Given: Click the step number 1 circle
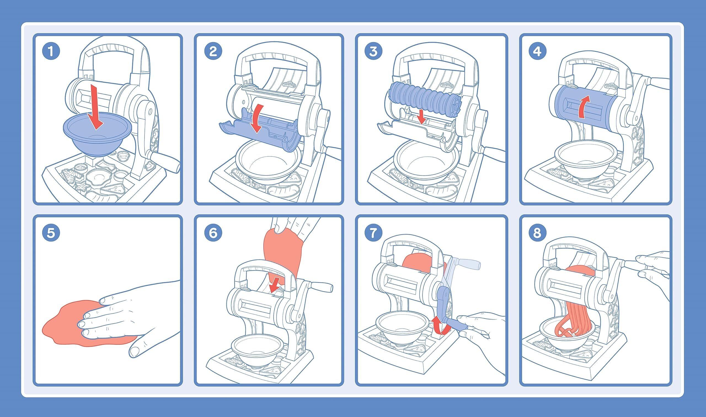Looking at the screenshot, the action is point(51,52).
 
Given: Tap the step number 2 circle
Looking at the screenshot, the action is point(213,52).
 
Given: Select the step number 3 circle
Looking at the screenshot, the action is point(373,52).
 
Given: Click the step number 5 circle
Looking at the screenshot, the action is point(51,233).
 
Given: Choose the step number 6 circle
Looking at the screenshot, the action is point(213,233).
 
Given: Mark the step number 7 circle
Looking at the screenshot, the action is point(373,233).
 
